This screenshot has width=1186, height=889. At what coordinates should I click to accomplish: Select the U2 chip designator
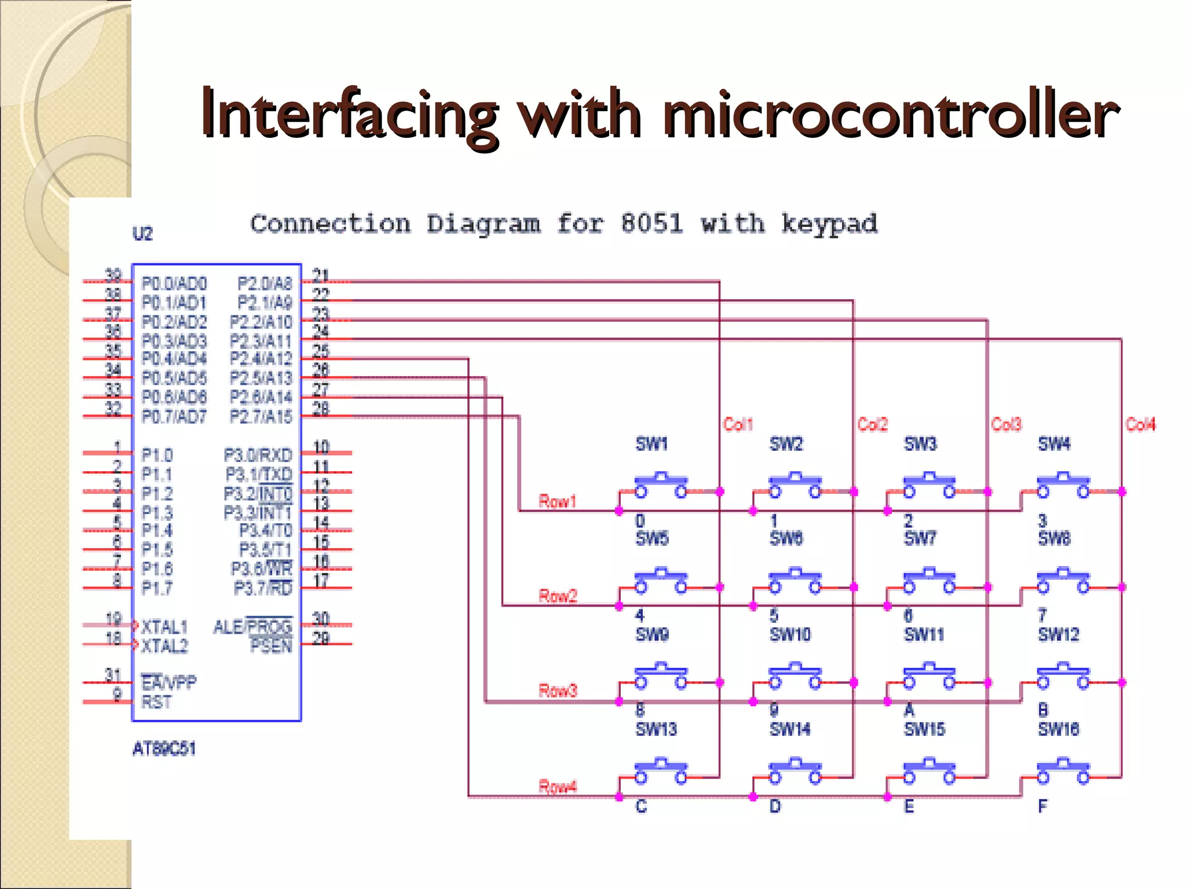(x=142, y=234)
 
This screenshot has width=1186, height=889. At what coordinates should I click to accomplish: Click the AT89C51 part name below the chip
(x=164, y=749)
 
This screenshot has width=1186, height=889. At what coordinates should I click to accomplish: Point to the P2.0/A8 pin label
(x=265, y=284)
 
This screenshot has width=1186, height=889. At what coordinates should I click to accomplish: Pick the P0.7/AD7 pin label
(x=174, y=416)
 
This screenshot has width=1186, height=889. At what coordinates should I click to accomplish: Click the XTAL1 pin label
(x=164, y=627)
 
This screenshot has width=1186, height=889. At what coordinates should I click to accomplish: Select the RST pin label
(x=156, y=702)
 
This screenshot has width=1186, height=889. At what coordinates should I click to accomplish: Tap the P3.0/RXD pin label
(x=258, y=455)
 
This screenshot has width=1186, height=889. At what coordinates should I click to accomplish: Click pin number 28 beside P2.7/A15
(x=320, y=409)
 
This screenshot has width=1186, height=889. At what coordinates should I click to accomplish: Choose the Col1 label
(x=738, y=424)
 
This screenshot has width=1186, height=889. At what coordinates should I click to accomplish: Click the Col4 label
(x=1140, y=424)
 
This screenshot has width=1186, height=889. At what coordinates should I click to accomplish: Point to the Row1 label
(x=557, y=501)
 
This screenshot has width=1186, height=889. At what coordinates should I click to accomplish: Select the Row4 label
(x=557, y=787)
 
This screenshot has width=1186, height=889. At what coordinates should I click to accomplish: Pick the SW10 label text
(x=790, y=634)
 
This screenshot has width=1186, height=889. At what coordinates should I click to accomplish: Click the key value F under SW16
(x=1042, y=806)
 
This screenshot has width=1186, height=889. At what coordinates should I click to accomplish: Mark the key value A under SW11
(x=909, y=710)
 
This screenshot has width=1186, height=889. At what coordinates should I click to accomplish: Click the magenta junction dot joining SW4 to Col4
(x=1122, y=491)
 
